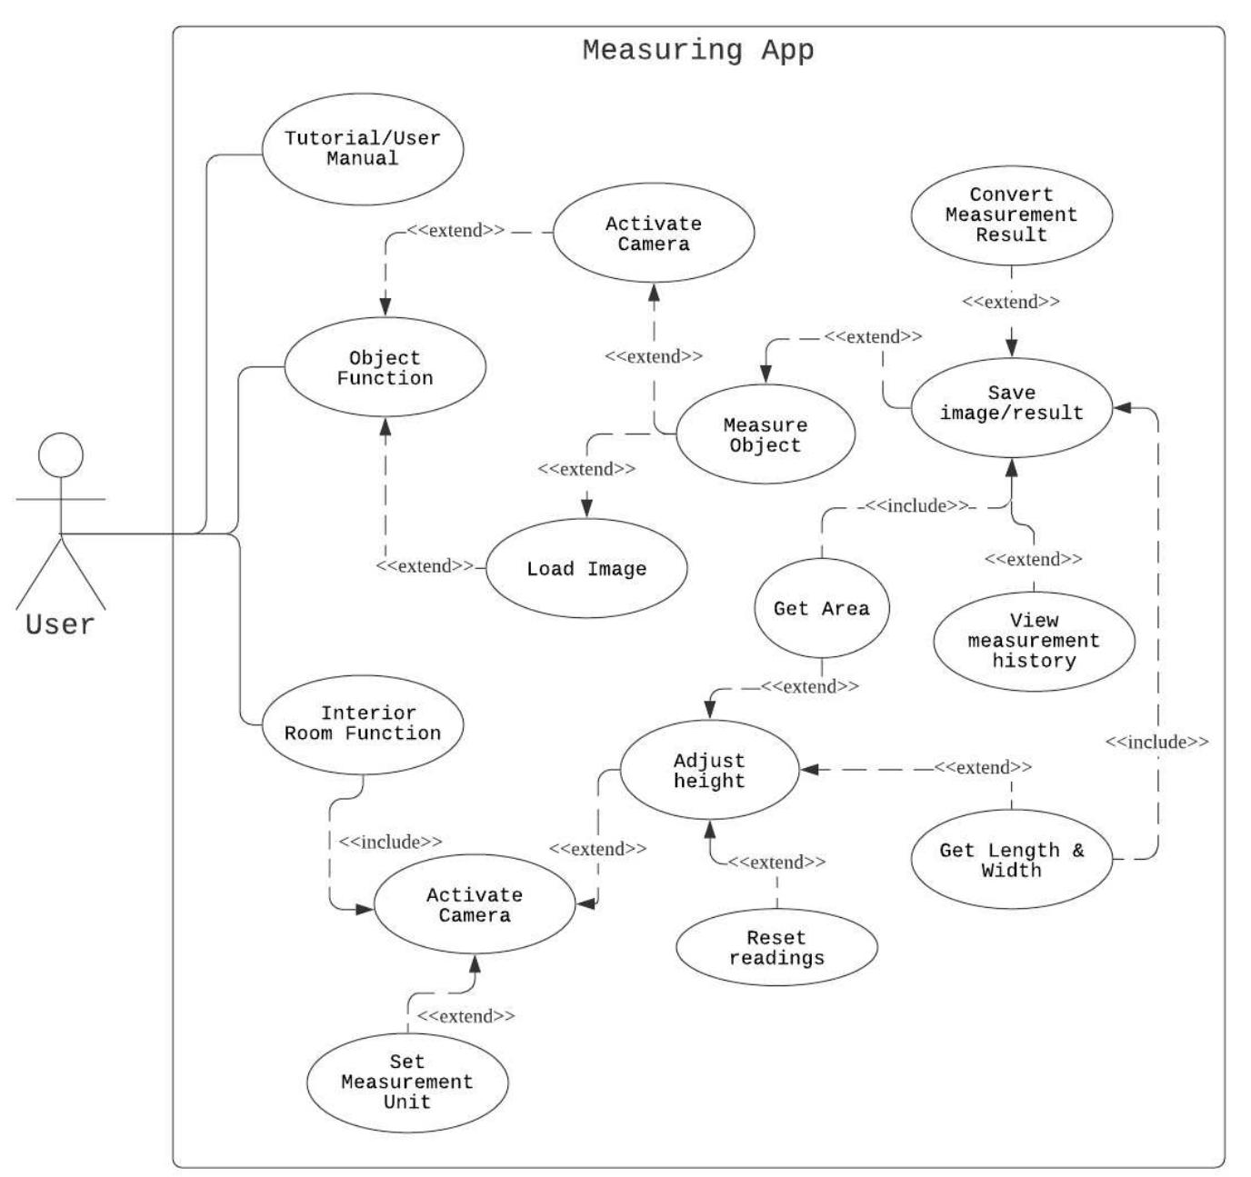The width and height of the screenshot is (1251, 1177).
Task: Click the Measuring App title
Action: [697, 49]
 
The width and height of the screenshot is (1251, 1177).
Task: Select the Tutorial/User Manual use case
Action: [362, 148]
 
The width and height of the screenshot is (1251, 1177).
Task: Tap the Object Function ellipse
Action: [385, 367]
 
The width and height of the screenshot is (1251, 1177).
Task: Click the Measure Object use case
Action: [765, 434]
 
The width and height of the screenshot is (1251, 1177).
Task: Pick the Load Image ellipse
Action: [586, 569]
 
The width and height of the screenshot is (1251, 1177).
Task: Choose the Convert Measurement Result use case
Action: [1011, 214]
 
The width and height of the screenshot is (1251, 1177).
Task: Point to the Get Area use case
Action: [821, 608]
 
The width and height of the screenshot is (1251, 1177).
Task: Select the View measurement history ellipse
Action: [1034, 641]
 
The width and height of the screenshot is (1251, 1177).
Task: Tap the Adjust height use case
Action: [708, 771]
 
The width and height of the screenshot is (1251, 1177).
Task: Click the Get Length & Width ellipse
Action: [1011, 859]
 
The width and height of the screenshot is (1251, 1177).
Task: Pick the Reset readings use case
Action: [776, 947]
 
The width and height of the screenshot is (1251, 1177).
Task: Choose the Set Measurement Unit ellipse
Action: [406, 1082]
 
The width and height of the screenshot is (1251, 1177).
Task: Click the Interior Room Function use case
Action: [362, 723]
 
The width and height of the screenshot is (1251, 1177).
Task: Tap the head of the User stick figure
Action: [60, 454]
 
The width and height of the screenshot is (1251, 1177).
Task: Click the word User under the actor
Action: [60, 625]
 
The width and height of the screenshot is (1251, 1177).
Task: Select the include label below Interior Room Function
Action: [390, 842]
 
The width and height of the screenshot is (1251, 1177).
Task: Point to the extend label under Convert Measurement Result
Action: [1010, 302]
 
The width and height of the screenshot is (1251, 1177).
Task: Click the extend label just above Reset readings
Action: [776, 862]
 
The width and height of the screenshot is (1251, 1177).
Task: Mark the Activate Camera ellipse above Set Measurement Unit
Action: [474, 904]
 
